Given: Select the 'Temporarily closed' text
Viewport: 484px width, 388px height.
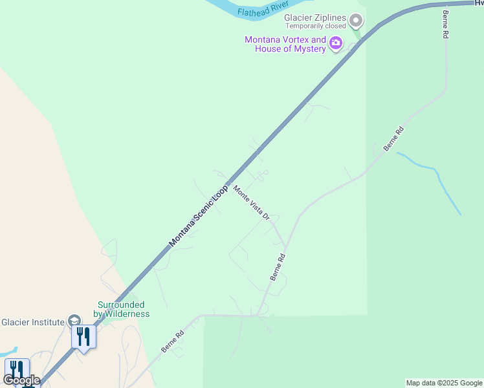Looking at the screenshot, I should pyautogui.click(x=316, y=27).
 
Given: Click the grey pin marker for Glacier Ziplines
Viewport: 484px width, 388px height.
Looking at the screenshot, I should pyautogui.click(x=355, y=21).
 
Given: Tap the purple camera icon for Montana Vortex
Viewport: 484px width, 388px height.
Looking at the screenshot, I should pyautogui.click(x=335, y=44).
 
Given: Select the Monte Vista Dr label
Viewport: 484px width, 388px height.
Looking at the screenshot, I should pyautogui.click(x=251, y=203).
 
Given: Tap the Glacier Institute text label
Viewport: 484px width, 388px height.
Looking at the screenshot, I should pyautogui.click(x=32, y=322).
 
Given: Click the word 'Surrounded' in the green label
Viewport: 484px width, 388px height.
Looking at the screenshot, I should pyautogui.click(x=121, y=305).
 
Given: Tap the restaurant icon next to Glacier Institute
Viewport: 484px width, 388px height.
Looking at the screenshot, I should pyautogui.click(x=83, y=337).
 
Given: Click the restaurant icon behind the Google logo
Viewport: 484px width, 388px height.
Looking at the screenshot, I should pyautogui.click(x=16, y=371).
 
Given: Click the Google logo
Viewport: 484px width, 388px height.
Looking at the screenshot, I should pyautogui.click(x=22, y=380).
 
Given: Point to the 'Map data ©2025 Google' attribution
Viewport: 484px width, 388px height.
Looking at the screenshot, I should pyautogui.click(x=443, y=383).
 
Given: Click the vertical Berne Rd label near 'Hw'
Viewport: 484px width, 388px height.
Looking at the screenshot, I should pyautogui.click(x=445, y=25).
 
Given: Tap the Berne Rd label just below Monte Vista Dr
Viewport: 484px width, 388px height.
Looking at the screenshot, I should pyautogui.click(x=277, y=266).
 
